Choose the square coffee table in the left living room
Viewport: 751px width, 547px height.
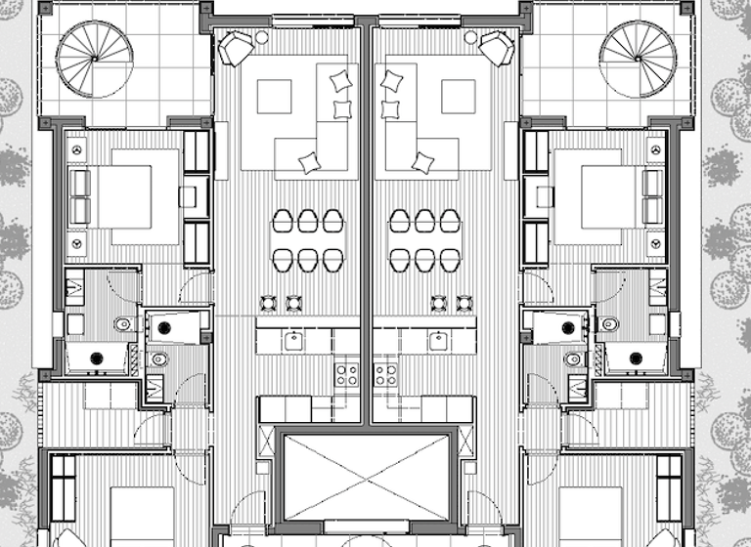(x=274, y=97)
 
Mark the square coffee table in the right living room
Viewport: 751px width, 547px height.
(x=458, y=97)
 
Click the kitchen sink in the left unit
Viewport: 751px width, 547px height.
(x=292, y=340)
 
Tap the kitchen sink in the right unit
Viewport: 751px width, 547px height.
(x=439, y=340)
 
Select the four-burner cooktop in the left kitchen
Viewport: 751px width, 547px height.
(x=346, y=373)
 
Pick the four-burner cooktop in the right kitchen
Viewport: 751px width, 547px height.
(x=385, y=373)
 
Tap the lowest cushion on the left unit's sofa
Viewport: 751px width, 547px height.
(x=310, y=162)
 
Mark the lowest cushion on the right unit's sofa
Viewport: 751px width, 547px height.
(x=422, y=162)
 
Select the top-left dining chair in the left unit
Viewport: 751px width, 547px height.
(x=282, y=221)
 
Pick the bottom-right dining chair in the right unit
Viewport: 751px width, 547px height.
(x=450, y=259)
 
